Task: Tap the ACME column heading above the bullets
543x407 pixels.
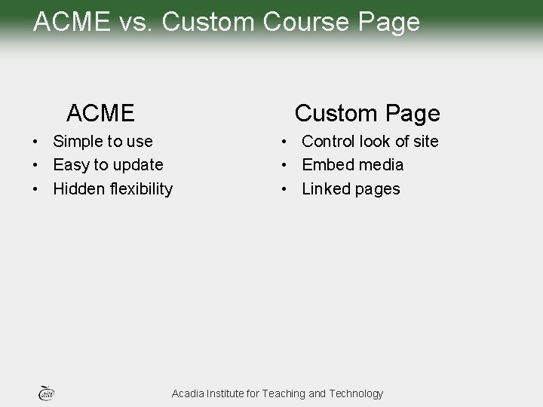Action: pos(100,114)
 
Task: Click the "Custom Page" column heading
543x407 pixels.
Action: pos(367,114)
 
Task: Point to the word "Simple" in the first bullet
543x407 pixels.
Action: pos(79,142)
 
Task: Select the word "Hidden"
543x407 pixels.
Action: pos(79,188)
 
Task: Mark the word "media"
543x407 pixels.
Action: pos(381,165)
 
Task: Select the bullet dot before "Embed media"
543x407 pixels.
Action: pos(284,165)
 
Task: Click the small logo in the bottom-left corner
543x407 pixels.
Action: pos(46,392)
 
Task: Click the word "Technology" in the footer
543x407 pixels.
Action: pos(356,393)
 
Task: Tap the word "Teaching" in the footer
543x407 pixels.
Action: pos(285,393)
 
